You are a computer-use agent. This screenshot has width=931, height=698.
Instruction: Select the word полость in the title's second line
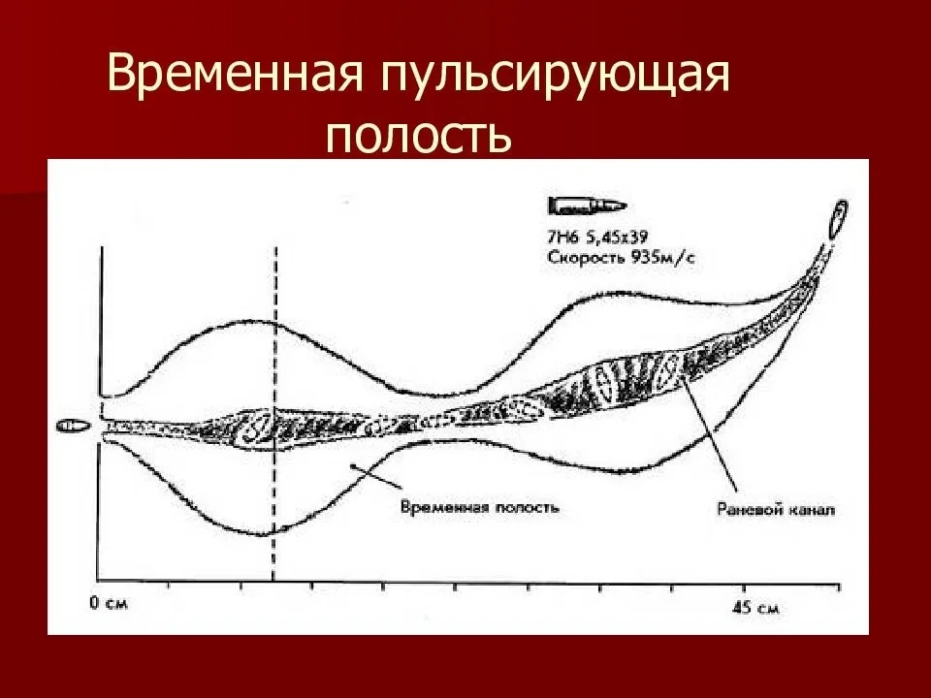coord(418,135)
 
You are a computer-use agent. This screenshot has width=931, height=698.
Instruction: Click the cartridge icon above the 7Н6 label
coord(587,206)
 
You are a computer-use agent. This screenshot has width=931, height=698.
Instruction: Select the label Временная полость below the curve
coord(478,507)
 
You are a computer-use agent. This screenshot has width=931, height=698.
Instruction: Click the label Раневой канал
coord(772,507)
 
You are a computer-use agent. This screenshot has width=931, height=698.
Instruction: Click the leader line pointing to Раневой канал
coord(713,436)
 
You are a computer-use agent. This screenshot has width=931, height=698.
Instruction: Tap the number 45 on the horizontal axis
coord(742,609)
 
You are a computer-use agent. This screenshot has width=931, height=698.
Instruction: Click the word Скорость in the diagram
coord(580,258)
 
